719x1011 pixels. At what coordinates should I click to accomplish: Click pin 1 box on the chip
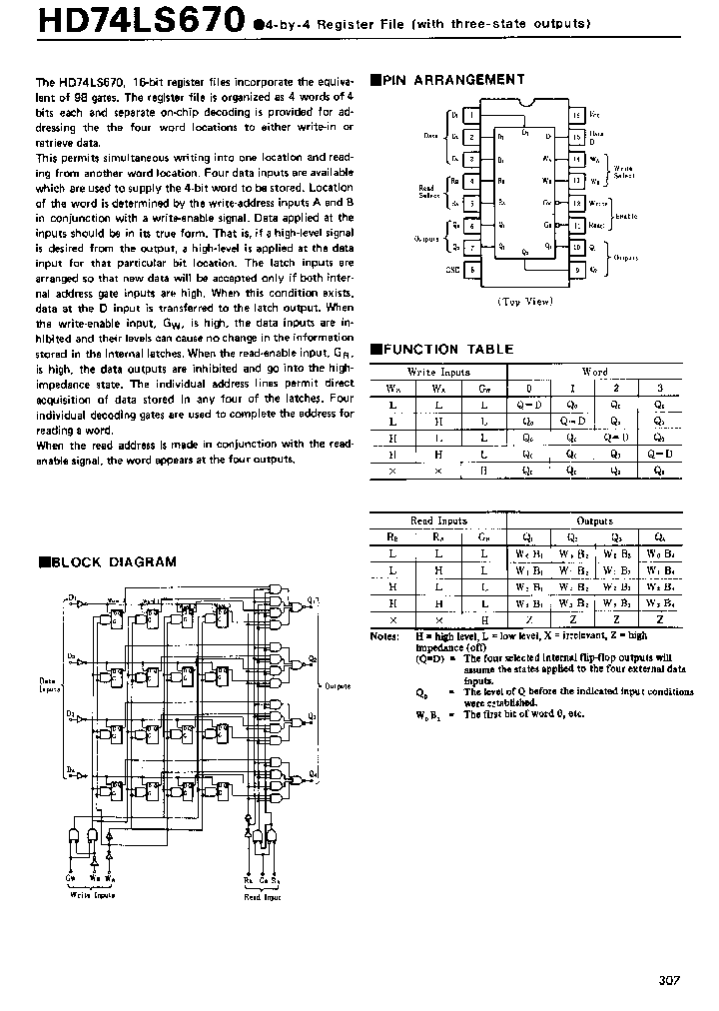click(471, 115)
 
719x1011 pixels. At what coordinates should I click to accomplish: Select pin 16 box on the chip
click(576, 115)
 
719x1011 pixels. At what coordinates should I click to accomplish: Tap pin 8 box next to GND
click(471, 269)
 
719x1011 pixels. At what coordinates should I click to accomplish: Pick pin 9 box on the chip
click(576, 269)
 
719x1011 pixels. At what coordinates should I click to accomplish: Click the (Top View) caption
click(525, 300)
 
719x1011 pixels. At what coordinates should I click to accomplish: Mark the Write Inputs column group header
click(434, 373)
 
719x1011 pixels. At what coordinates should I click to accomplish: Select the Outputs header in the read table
click(595, 521)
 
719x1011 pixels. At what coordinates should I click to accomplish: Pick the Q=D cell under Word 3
click(658, 455)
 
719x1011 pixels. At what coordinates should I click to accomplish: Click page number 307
click(668, 981)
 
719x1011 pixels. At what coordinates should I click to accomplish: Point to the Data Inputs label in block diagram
click(49, 685)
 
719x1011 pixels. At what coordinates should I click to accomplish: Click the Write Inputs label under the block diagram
click(92, 895)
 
